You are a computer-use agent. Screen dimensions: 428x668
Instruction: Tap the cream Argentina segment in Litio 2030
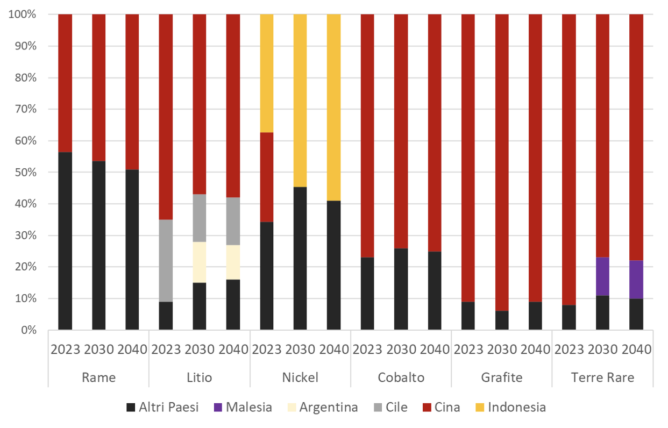pos(200,262)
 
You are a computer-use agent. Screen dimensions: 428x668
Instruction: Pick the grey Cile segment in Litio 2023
pos(166,260)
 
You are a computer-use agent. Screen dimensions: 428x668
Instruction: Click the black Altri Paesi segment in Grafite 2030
pos(502,320)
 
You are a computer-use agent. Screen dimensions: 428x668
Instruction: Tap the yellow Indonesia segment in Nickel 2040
pos(333,107)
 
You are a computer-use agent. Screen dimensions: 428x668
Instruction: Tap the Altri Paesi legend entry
pos(162,407)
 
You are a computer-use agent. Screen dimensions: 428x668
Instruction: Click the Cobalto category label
pos(401,377)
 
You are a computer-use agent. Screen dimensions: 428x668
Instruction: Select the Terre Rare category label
pos(602,377)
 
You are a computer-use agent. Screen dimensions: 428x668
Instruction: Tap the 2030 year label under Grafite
pos(502,349)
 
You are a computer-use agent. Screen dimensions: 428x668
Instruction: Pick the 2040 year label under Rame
pos(132,349)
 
